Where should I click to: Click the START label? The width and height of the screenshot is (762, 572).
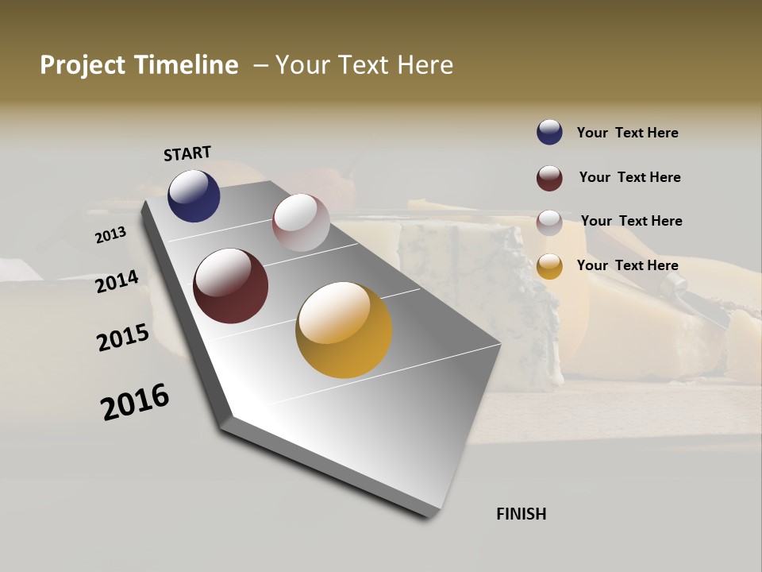click(187, 153)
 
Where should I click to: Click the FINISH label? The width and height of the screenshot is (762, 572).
click(521, 514)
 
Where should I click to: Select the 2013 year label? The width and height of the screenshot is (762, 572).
click(110, 235)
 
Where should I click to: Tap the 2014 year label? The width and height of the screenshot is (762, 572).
click(117, 282)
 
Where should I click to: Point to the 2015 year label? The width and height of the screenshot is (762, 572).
click(123, 338)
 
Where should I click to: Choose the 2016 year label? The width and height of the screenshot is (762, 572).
click(135, 402)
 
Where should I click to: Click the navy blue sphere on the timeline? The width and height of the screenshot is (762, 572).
click(194, 196)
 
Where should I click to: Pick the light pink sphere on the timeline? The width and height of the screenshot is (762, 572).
click(301, 222)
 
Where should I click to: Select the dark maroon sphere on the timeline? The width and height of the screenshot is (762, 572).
click(230, 286)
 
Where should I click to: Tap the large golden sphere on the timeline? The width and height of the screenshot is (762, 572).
click(344, 330)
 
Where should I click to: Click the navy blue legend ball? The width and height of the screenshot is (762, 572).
click(549, 132)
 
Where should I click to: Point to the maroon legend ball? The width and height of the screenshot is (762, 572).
click(549, 178)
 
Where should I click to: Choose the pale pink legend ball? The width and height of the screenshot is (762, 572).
click(549, 222)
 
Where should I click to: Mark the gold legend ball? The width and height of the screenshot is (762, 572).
click(549, 266)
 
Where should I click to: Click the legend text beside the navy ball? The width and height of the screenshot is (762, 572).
click(627, 133)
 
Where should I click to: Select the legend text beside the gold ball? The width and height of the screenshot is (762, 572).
click(627, 265)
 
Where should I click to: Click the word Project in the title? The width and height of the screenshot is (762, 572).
click(82, 65)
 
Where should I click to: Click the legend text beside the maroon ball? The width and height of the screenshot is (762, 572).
click(629, 177)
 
